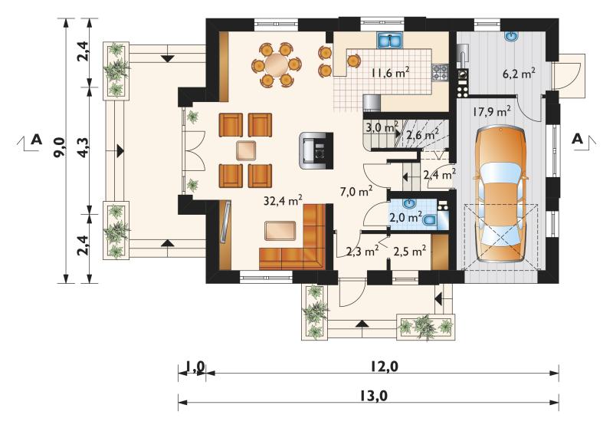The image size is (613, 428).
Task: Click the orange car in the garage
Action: coord(501,195)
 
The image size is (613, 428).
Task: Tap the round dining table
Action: coord(277,64)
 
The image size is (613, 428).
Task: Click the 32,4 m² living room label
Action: coord(283,201)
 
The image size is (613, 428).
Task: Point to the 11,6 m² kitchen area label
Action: coord(390,73)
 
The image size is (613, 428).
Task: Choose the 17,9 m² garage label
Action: coord(491,112)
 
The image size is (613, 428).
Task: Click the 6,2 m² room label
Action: coord(520,73)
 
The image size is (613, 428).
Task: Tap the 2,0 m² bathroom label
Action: coord(406,216)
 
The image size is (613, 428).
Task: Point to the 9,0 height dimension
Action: coord(61,149)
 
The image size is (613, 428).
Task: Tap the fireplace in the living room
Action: coord(316,150)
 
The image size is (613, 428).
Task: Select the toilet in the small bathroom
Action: coord(429,220)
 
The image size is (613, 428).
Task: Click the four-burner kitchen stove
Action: coord(439,72)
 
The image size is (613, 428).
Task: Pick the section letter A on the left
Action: coord(36,140)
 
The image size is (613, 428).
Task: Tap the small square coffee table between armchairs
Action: coord(246,150)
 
